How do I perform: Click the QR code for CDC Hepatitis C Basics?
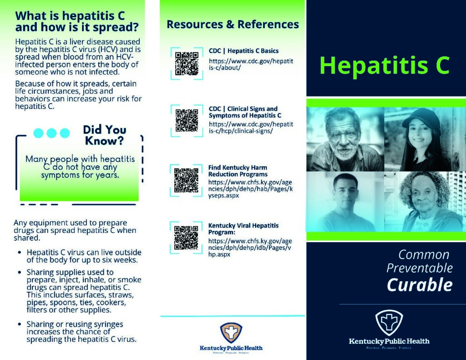click(187, 63)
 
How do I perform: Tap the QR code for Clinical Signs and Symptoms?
click(187, 121)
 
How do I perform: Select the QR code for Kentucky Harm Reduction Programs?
click(186, 180)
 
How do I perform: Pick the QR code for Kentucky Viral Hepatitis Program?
click(186, 238)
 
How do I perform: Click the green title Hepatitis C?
click(385, 66)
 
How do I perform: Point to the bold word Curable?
click(420, 285)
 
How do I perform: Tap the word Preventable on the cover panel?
click(419, 268)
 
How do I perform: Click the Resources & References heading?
click(233, 25)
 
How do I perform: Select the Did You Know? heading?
click(105, 135)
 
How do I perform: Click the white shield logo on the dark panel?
click(389, 323)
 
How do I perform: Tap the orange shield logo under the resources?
click(231, 333)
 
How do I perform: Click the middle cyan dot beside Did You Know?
click(51, 133)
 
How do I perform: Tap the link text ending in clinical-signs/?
click(251, 127)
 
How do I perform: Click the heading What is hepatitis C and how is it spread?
click(76, 21)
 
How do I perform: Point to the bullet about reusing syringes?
click(81, 332)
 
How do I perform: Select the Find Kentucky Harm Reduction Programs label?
click(238, 171)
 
